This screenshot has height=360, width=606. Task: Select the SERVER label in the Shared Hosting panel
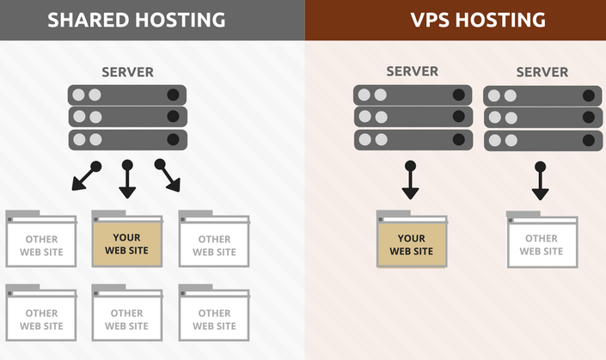tap(127, 72)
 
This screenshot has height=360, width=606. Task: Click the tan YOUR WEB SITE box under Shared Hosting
tap(127, 244)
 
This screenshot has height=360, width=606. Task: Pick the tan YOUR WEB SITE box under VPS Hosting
tap(412, 244)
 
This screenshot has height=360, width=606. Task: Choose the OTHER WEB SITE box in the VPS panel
tap(542, 244)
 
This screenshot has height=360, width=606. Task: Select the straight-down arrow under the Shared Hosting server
tap(127, 180)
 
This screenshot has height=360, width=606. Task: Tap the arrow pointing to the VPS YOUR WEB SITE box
tap(411, 181)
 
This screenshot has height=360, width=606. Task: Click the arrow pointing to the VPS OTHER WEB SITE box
tap(540, 182)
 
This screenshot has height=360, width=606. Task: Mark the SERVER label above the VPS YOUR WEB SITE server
tap(412, 71)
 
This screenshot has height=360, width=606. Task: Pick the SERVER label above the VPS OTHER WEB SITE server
tap(542, 71)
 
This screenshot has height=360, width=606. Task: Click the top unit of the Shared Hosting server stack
tap(127, 95)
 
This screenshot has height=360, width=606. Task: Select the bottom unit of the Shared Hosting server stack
tap(127, 139)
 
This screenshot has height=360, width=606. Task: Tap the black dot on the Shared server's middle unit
tap(174, 117)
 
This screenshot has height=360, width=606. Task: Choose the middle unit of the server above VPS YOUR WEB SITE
tap(412, 117)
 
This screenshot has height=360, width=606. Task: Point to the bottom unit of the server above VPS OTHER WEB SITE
tap(542, 140)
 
